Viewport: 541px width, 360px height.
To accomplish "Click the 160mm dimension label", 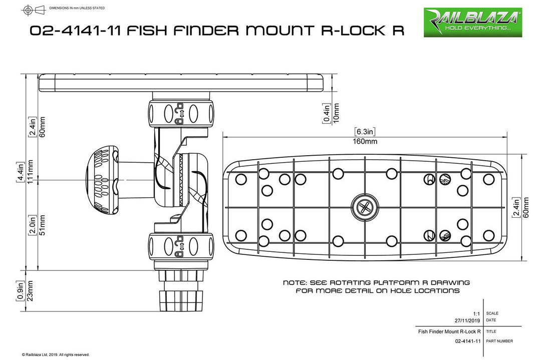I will (365, 142).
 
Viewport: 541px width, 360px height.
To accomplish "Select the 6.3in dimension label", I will (365, 132).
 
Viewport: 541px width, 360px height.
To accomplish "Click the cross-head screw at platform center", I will (365, 207).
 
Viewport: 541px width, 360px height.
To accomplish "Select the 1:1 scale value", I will (476, 313).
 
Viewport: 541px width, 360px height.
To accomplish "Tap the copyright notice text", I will (55, 354).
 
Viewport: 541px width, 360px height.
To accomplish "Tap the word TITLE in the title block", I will (492, 331).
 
